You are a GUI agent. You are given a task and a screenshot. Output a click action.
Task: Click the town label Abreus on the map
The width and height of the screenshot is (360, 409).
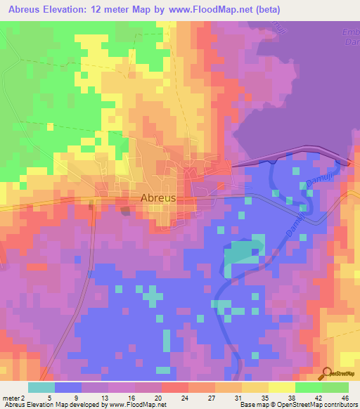[158, 198]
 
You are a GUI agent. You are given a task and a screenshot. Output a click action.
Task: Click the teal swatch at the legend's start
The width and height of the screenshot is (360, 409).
[41, 387]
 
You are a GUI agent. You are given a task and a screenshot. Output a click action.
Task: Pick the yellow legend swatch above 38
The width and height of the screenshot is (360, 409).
[282, 387]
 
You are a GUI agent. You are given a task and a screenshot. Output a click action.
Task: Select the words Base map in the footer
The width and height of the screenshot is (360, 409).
[253, 405]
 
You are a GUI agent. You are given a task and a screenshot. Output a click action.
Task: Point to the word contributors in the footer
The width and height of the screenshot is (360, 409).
[339, 405]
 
